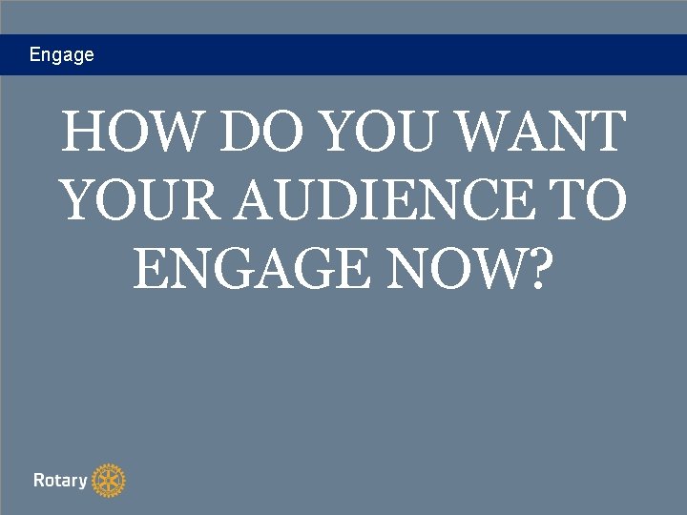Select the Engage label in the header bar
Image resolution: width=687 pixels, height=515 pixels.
tap(62, 55)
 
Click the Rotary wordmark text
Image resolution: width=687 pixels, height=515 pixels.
tap(60, 481)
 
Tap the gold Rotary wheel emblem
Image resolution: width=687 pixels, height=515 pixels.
tap(110, 481)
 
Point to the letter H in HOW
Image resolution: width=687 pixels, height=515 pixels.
tap(84, 134)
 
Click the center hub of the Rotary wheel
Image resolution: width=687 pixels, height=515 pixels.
tap(110, 481)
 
